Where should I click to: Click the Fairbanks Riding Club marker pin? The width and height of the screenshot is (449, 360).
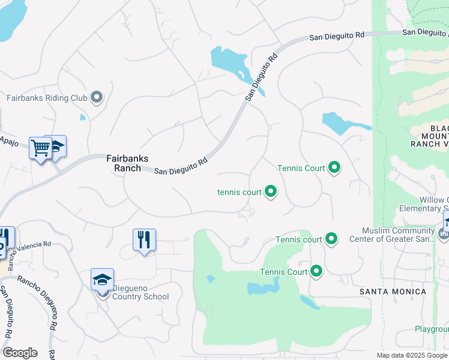click(97, 97)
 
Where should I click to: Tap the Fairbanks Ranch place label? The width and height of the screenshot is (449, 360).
click(124, 163)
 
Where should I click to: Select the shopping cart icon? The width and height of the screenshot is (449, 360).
click(40, 147)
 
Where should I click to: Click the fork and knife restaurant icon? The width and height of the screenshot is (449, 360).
click(144, 240)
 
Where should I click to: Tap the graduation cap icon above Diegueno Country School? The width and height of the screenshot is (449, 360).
click(102, 280)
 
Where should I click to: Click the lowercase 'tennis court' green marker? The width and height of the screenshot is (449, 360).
click(271, 192)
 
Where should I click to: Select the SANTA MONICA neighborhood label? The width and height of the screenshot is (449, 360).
click(393, 292)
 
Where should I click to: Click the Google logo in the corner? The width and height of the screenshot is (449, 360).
click(20, 353)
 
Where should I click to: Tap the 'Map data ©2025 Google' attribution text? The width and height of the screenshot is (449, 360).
click(412, 355)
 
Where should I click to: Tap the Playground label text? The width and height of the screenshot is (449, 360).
click(432, 329)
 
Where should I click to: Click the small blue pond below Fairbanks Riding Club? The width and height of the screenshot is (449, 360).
click(83, 117)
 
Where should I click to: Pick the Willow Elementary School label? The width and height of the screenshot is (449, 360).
click(423, 204)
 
